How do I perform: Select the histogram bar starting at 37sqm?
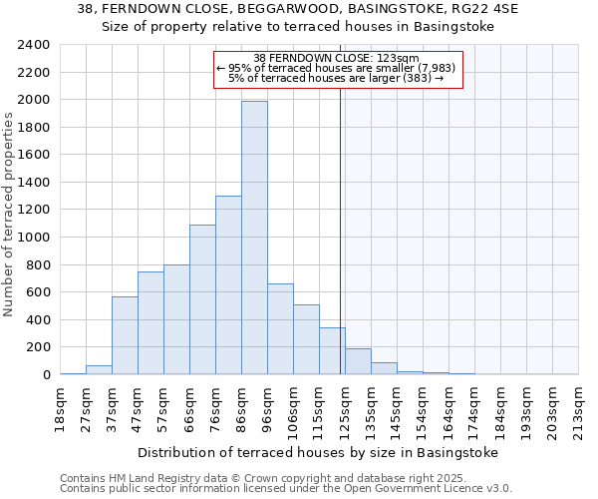click(125, 335)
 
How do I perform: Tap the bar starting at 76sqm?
click(228, 285)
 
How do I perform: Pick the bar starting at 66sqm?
click(202, 299)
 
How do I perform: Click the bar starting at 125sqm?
click(358, 361)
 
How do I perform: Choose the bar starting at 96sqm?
click(280, 329)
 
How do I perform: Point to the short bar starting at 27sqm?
click(99, 369)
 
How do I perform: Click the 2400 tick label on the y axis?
click(34, 45)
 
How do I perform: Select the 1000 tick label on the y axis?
click(34, 238)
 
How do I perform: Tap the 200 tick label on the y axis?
click(38, 347)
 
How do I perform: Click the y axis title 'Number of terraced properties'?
click(10, 214)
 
